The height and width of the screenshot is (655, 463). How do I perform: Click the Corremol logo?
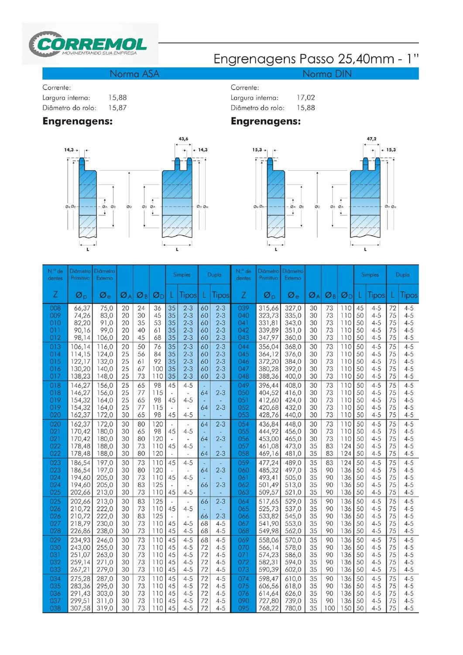[89, 44]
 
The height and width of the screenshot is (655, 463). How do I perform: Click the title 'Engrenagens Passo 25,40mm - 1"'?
[316, 59]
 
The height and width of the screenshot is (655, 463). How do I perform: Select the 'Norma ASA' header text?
[134, 74]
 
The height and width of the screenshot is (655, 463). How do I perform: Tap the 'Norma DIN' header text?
[327, 74]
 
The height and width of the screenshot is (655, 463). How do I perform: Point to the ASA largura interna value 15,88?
[117, 98]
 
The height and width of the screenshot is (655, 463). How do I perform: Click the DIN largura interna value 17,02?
[305, 98]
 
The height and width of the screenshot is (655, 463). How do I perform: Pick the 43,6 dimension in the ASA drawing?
[183, 139]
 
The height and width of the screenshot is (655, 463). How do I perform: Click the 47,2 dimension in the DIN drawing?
[371, 139]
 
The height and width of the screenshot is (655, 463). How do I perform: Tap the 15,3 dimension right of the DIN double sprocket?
[391, 150]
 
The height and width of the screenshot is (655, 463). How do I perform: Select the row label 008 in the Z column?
[55, 308]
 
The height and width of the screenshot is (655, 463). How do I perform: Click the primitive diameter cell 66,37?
[80, 308]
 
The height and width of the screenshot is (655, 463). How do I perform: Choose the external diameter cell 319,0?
[105, 608]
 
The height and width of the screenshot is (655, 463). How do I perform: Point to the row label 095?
[244, 608]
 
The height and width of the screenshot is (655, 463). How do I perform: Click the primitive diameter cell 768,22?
[268, 608]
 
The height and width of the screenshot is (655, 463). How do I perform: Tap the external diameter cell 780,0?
[293, 608]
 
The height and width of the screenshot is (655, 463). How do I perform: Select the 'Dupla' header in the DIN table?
[402, 275]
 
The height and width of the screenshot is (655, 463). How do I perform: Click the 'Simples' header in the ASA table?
[182, 275]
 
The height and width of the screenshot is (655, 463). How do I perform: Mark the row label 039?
[244, 308]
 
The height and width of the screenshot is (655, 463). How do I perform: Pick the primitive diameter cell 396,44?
[268, 386]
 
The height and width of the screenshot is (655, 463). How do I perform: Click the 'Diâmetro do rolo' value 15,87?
[117, 108]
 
